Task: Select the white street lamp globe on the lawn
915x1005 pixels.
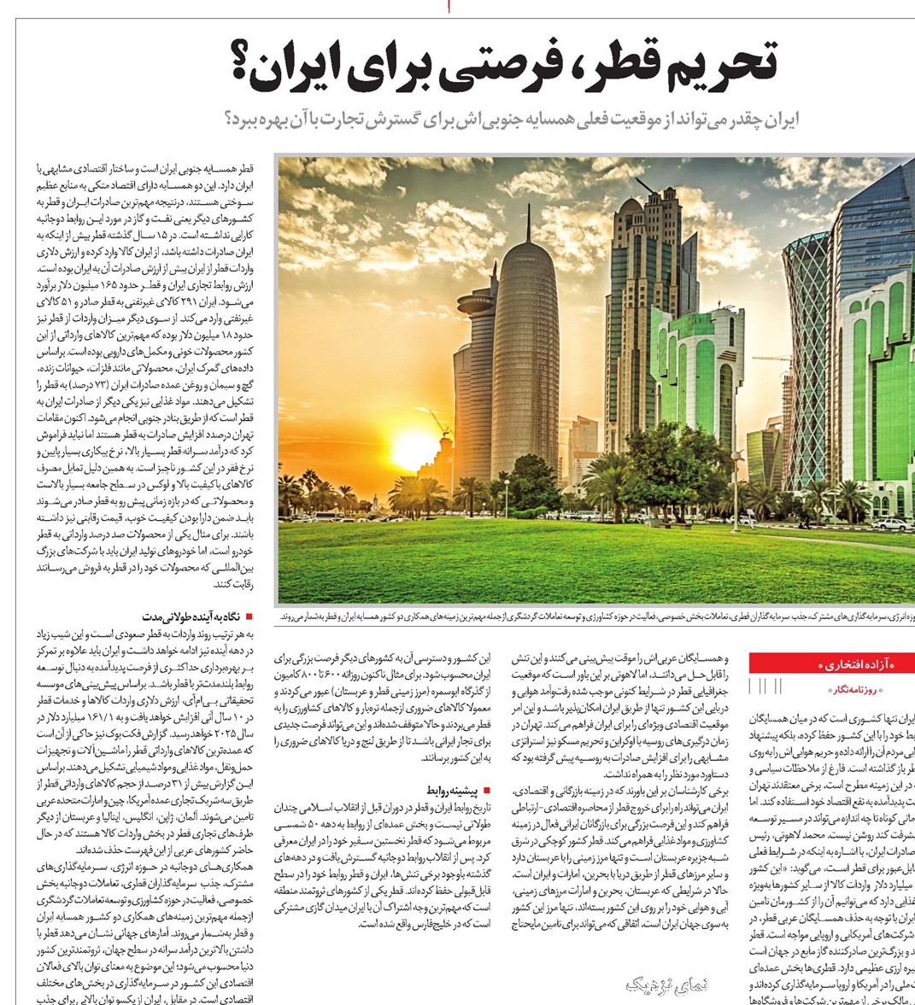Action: pos(506,484)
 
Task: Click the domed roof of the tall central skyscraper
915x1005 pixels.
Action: pos(631,206)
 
